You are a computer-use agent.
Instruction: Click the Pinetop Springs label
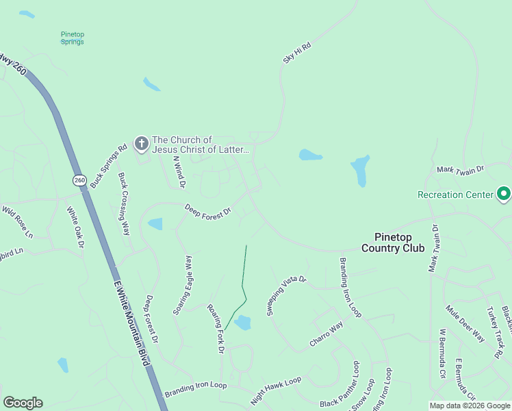pyautogui.click(x=72, y=38)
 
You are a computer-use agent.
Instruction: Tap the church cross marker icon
pyautogui.click(x=142, y=144)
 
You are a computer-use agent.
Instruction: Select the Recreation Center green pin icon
pyautogui.click(x=504, y=195)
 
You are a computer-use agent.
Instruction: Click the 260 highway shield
pyautogui.click(x=80, y=180)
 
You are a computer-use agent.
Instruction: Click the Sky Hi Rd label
pyautogui.click(x=297, y=53)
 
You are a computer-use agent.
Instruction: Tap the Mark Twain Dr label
pyautogui.click(x=460, y=169)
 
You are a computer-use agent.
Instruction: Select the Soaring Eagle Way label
pyautogui.click(x=183, y=285)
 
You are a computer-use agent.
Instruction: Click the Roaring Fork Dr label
pyautogui.click(x=216, y=328)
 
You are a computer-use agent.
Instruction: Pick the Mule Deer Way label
pyautogui.click(x=465, y=324)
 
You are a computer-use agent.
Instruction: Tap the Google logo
pyautogui.click(x=23, y=403)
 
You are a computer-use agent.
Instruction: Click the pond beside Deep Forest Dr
pyautogui.click(x=155, y=224)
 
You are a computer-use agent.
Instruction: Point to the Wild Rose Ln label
pyautogui.click(x=18, y=221)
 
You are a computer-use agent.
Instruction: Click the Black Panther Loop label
pyautogui.click(x=339, y=394)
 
